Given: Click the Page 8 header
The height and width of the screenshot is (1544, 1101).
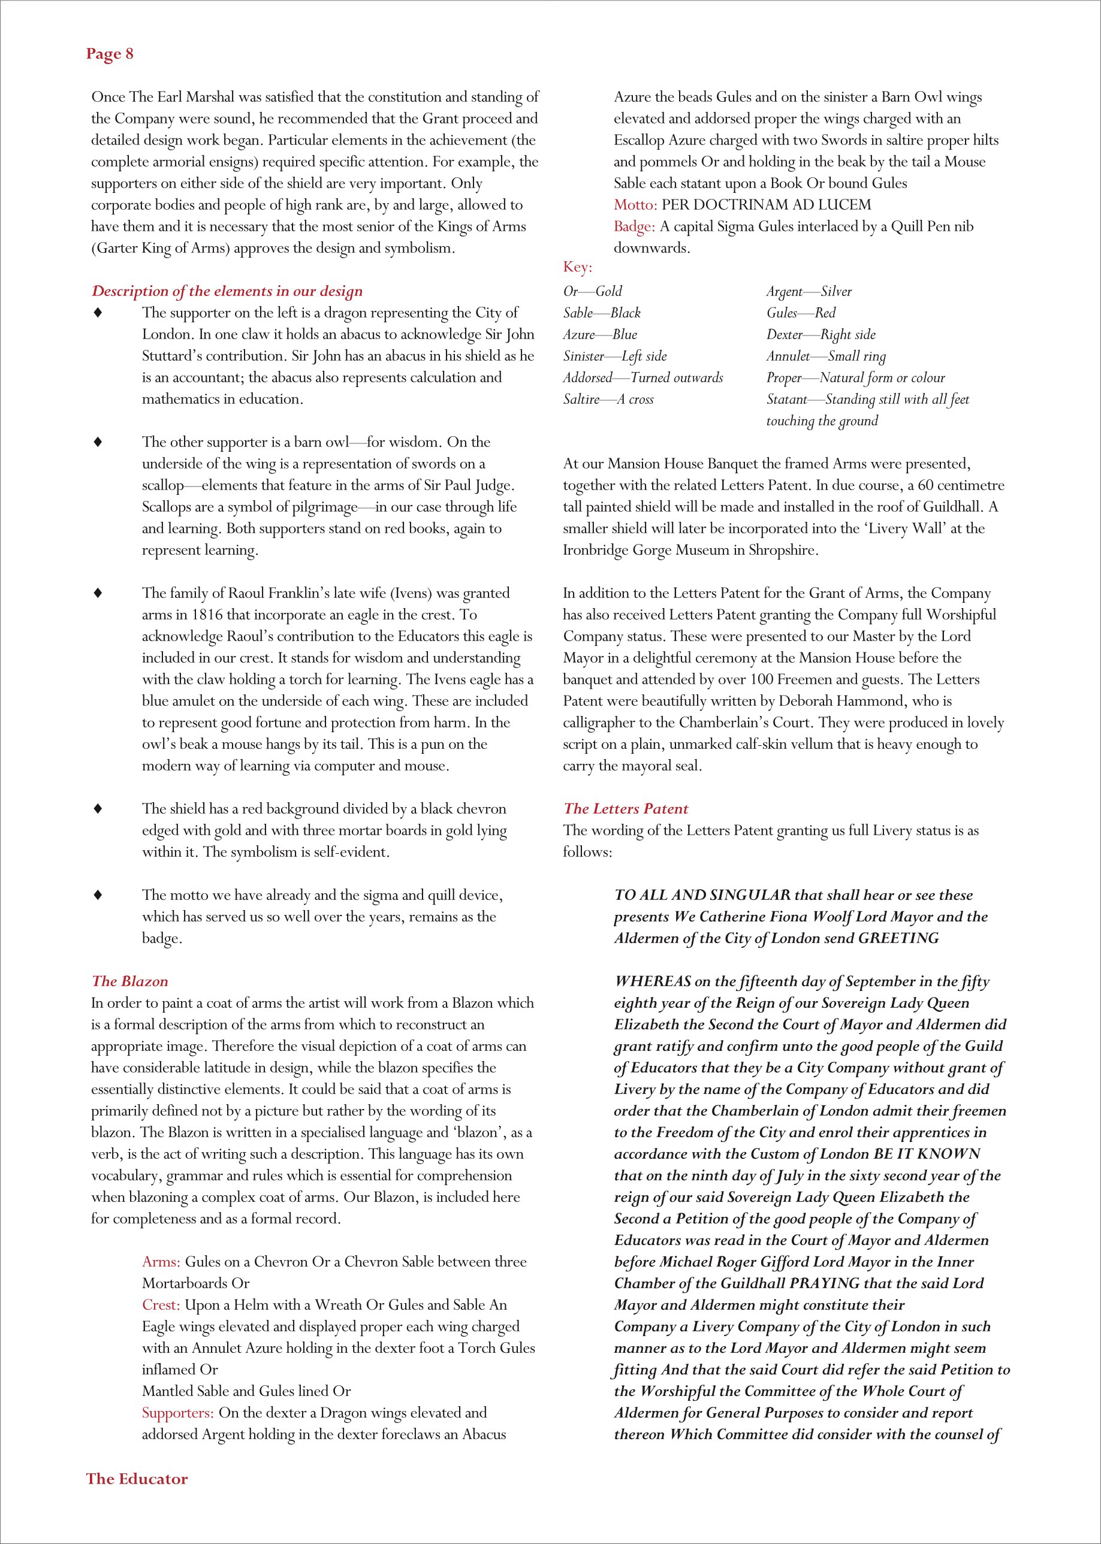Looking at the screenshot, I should point(109,55).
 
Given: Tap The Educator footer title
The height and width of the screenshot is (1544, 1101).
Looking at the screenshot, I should point(136,1478).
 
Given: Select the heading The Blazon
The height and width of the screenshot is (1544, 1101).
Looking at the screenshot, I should point(129,981).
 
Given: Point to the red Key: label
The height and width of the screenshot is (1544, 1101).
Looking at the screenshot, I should point(577,267).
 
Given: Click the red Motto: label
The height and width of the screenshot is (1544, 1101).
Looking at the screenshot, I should point(635,205).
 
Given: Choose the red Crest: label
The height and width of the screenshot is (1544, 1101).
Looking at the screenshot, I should point(161,1305).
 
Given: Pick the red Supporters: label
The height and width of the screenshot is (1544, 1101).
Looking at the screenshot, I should point(177,1413).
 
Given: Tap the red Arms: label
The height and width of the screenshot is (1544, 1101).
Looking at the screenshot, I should point(161,1261).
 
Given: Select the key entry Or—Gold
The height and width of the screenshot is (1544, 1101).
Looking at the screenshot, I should point(593,291).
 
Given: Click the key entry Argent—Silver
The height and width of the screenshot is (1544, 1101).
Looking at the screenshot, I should point(809,291).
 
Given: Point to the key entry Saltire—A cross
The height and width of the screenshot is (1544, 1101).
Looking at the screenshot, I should point(608,399).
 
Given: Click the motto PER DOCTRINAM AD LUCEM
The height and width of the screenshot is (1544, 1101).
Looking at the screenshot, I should point(766,205).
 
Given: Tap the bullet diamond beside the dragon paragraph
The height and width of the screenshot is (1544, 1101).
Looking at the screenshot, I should point(98,313).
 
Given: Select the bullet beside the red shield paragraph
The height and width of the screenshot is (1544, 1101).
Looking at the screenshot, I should point(98,808).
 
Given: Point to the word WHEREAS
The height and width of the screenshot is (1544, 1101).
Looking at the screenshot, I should point(652,981).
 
